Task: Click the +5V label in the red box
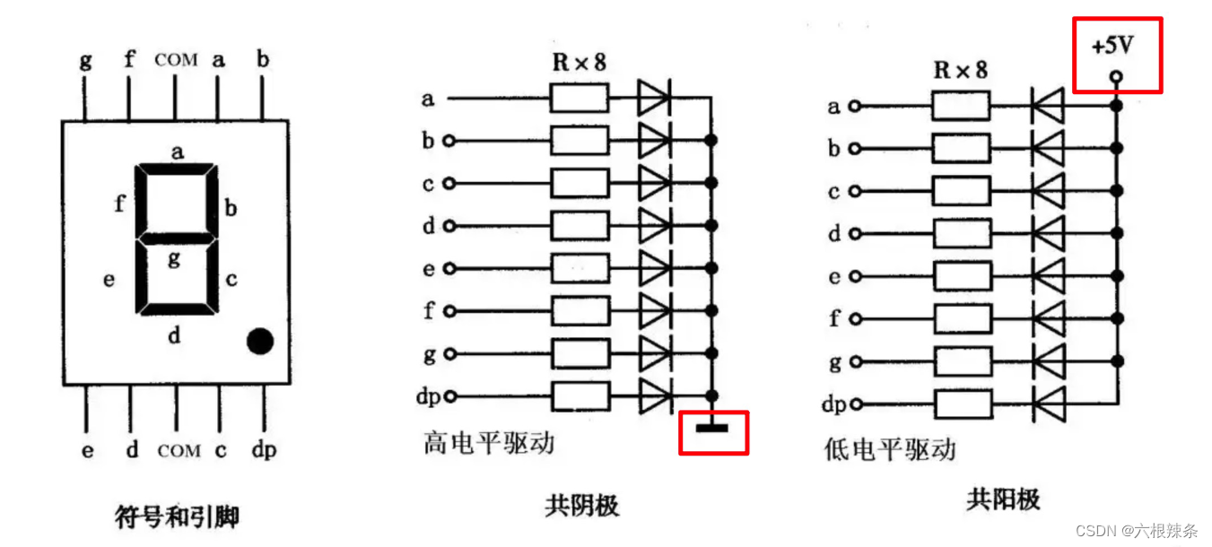(1112, 46)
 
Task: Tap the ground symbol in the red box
(712, 428)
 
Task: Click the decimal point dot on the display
(259, 341)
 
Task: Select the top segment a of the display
(177, 169)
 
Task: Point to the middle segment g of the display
(177, 239)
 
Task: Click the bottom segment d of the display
(177, 309)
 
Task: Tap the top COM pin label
(176, 60)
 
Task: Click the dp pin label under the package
(264, 449)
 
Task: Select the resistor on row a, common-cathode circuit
(580, 98)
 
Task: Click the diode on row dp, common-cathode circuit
(654, 395)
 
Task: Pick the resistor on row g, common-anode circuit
(961, 360)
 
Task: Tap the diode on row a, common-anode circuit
(1047, 106)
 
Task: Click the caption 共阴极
(581, 506)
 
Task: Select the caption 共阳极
(1003, 499)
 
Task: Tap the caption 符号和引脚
(178, 517)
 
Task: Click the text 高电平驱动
(489, 443)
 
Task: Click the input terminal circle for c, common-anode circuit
(854, 191)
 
